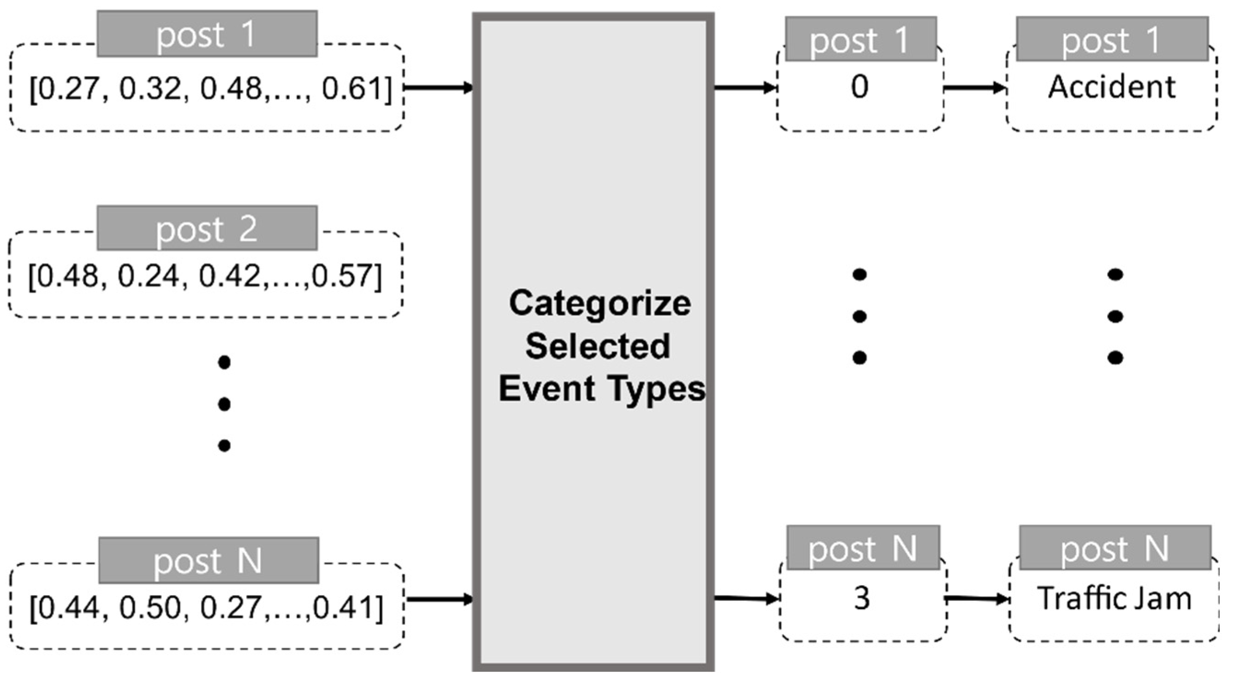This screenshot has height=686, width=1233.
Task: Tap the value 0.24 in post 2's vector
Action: click(148, 277)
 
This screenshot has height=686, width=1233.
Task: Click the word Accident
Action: click(1111, 87)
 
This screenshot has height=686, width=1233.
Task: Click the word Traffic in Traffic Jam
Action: click(1071, 598)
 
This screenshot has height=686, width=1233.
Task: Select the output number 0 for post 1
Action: click(860, 87)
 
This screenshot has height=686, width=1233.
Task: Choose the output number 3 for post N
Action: click(862, 598)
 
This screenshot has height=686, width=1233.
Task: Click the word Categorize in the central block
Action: click(600, 304)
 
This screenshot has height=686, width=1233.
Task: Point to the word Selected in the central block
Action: click(597, 346)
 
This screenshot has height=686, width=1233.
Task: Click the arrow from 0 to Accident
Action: click(975, 88)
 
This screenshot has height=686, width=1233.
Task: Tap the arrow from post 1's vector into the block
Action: click(439, 88)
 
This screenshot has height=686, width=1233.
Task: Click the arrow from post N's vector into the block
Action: click(440, 599)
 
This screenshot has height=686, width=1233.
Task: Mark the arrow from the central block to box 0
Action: click(745, 88)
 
